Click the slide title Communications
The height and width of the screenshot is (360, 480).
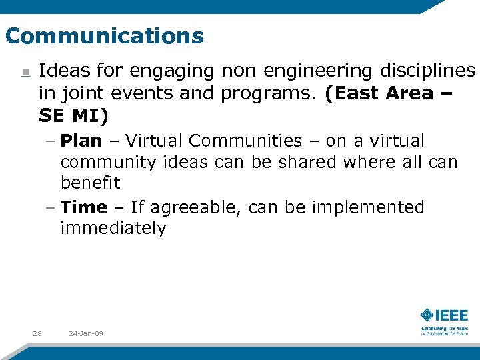104,35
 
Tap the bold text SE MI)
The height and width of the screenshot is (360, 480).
73,115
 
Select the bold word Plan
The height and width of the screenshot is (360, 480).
81,141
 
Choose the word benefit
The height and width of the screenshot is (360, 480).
91,183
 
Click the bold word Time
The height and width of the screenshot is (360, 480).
84,207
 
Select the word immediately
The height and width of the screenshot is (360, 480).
113,229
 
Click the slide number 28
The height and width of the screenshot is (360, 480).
37,333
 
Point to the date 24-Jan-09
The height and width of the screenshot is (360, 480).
86,333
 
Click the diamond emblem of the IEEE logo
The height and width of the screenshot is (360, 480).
427,315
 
